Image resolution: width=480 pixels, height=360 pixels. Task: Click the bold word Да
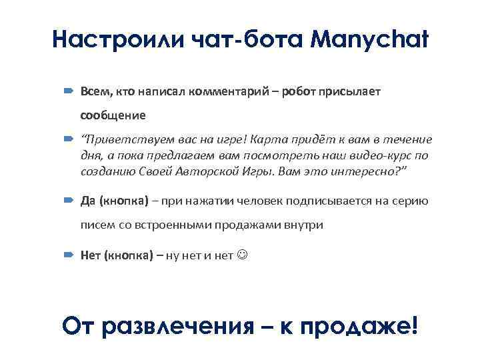(x=88, y=201)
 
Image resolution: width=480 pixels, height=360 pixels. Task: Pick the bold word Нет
(x=91, y=255)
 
